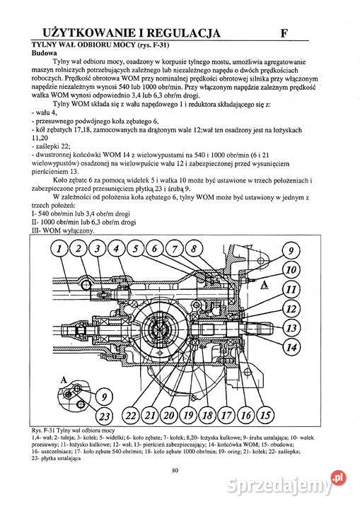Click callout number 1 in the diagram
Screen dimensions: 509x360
coord(62,248)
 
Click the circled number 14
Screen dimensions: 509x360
coord(289,346)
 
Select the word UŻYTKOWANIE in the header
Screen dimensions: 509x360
coord(93,32)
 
